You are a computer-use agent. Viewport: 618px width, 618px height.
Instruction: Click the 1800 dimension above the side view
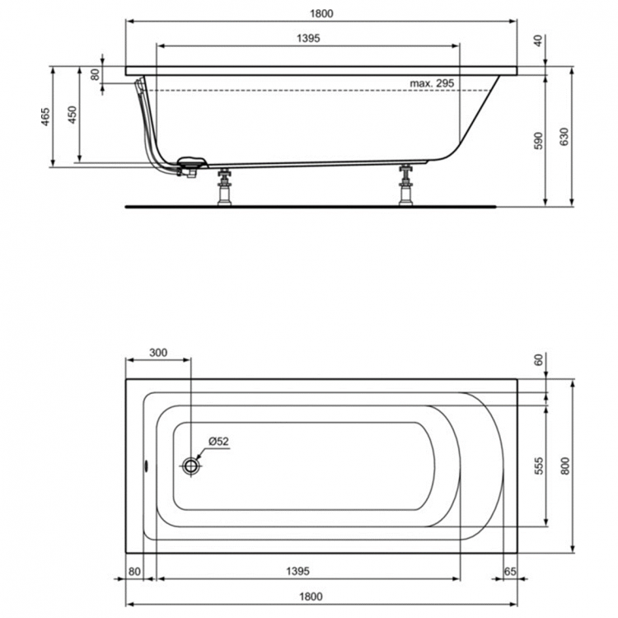[x=321, y=14]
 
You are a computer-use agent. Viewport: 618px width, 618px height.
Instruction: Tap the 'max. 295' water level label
[x=433, y=83]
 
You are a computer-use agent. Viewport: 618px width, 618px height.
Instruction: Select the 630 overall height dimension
[x=564, y=137]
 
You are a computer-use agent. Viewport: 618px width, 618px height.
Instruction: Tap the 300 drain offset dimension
[x=158, y=353]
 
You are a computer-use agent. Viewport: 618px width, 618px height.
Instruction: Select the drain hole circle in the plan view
[x=192, y=466]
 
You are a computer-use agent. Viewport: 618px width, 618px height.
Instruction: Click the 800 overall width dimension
[x=564, y=466]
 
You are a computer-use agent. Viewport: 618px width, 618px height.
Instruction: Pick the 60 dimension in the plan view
[x=539, y=359]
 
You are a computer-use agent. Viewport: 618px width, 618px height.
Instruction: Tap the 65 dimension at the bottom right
[x=510, y=570]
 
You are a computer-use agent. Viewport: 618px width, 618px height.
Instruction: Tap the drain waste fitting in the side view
[x=191, y=166]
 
